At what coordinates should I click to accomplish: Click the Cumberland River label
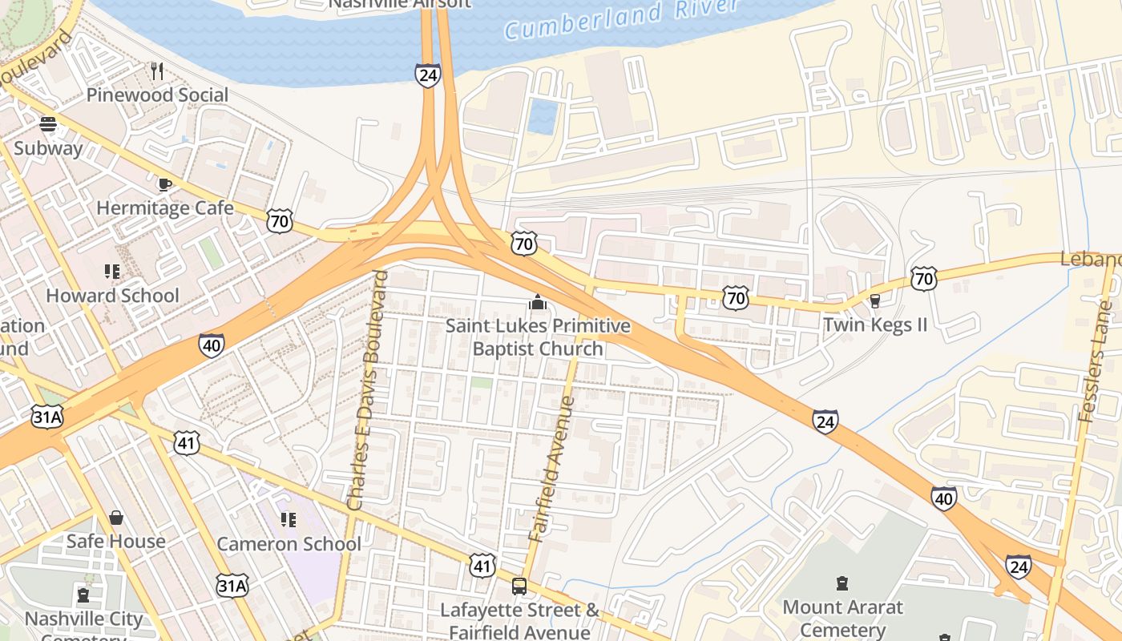point(621,19)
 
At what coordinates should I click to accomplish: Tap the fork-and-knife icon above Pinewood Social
point(157,71)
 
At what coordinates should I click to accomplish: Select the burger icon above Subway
point(48,124)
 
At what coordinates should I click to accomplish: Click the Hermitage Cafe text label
point(165,208)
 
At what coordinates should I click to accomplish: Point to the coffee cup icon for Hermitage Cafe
point(164,184)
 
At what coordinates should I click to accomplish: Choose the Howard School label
point(112,296)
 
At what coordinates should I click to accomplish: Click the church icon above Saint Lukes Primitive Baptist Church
point(537,302)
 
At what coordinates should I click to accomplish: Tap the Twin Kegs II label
point(875,325)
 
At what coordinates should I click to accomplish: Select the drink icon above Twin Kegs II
point(874,300)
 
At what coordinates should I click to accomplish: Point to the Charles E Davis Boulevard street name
point(369,390)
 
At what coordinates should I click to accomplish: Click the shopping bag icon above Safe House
point(116,518)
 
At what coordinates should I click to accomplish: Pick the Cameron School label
point(289,545)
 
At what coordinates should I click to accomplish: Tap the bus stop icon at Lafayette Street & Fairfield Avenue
point(519,586)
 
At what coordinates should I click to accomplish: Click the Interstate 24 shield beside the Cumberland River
point(427,75)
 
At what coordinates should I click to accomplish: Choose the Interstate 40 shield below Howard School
point(212,345)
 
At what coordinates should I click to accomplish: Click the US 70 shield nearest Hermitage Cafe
point(280,221)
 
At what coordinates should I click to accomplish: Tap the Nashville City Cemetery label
point(83,620)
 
